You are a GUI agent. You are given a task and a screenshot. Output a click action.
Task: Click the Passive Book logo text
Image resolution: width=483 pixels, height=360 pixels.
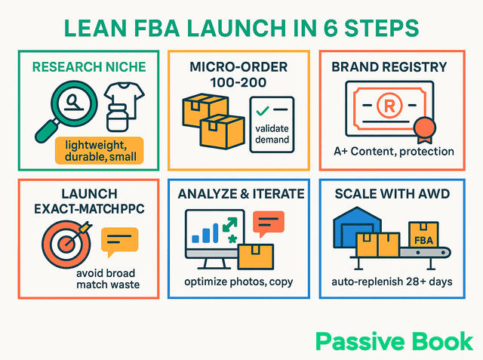395,340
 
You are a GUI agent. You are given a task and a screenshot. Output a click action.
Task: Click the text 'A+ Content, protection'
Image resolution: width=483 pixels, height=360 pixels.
394,151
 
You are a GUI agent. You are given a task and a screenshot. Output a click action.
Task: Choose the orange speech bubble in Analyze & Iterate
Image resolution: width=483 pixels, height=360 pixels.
268,222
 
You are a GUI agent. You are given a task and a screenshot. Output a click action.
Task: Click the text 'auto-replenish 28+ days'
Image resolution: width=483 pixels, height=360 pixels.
394,282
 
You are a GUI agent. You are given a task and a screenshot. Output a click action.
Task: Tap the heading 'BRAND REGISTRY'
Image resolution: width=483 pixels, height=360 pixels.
393,66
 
